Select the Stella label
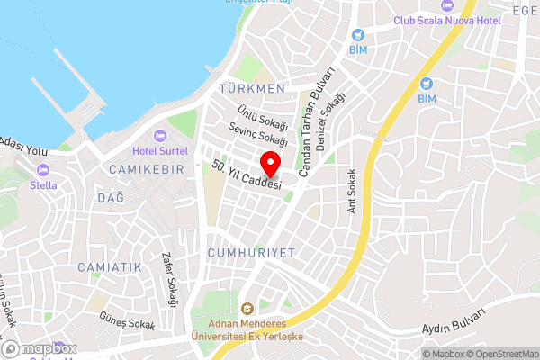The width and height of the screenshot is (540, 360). [43, 185]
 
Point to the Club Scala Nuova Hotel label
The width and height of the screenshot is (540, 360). [448, 21]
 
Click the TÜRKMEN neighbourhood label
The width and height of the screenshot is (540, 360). [251, 89]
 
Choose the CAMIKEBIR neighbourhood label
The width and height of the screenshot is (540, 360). [146, 170]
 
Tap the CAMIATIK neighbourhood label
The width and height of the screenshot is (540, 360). [110, 267]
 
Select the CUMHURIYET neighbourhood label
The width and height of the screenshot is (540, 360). [251, 253]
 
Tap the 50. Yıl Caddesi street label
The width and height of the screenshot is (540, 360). [247, 175]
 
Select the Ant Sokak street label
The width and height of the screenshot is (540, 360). [353, 193]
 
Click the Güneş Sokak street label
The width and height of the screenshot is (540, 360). [129, 322]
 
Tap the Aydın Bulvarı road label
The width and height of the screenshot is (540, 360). [454, 320]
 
